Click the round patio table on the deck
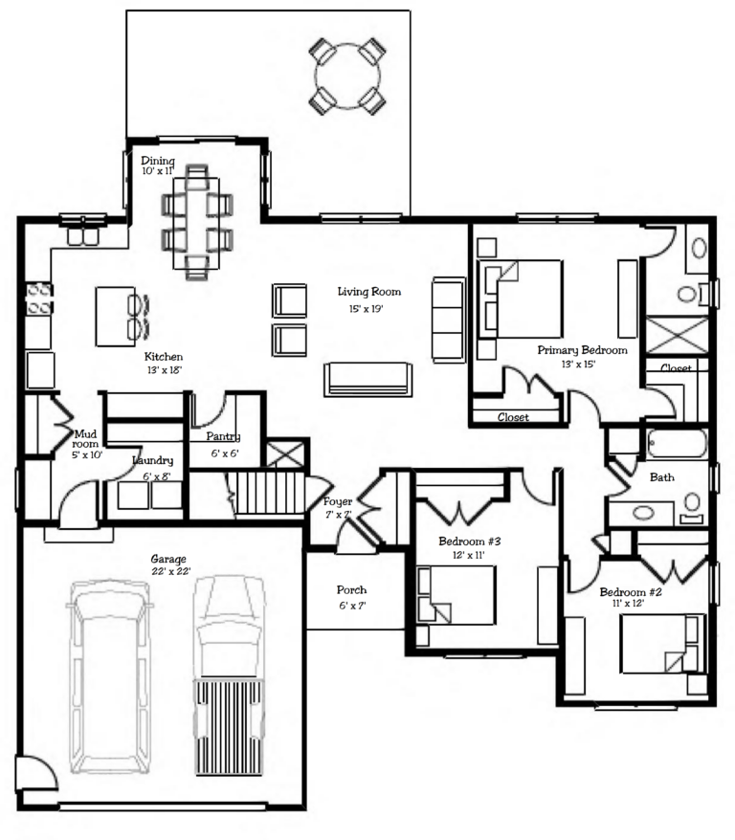(x=347, y=77)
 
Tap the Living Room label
(x=369, y=292)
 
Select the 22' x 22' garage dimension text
(x=171, y=571)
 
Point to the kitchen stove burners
(x=39, y=298)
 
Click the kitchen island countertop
(x=115, y=316)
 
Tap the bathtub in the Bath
(x=677, y=444)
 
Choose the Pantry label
(x=223, y=436)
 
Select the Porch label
(x=351, y=590)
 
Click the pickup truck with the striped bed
(x=229, y=675)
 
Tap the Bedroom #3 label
(x=469, y=542)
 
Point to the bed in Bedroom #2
(x=662, y=643)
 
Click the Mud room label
(x=86, y=439)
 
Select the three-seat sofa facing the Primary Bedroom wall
(x=448, y=320)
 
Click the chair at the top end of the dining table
(x=196, y=177)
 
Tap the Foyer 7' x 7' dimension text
(x=339, y=515)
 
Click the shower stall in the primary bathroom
(x=678, y=335)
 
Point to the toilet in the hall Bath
(x=692, y=508)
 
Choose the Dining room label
(x=158, y=161)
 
